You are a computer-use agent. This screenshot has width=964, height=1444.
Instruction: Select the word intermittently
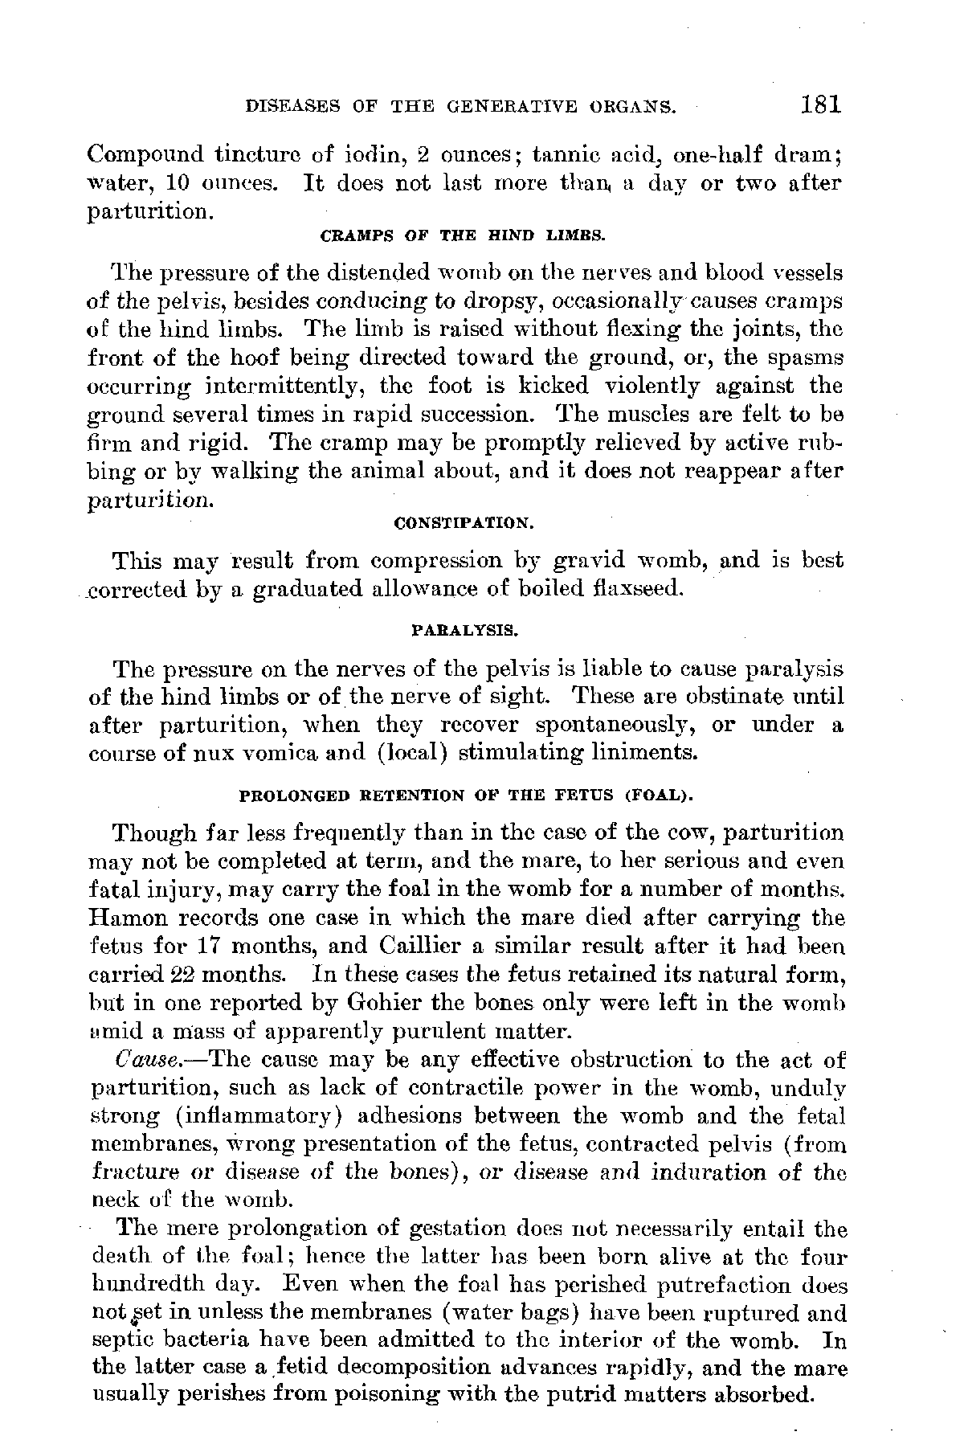click(267, 387)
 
